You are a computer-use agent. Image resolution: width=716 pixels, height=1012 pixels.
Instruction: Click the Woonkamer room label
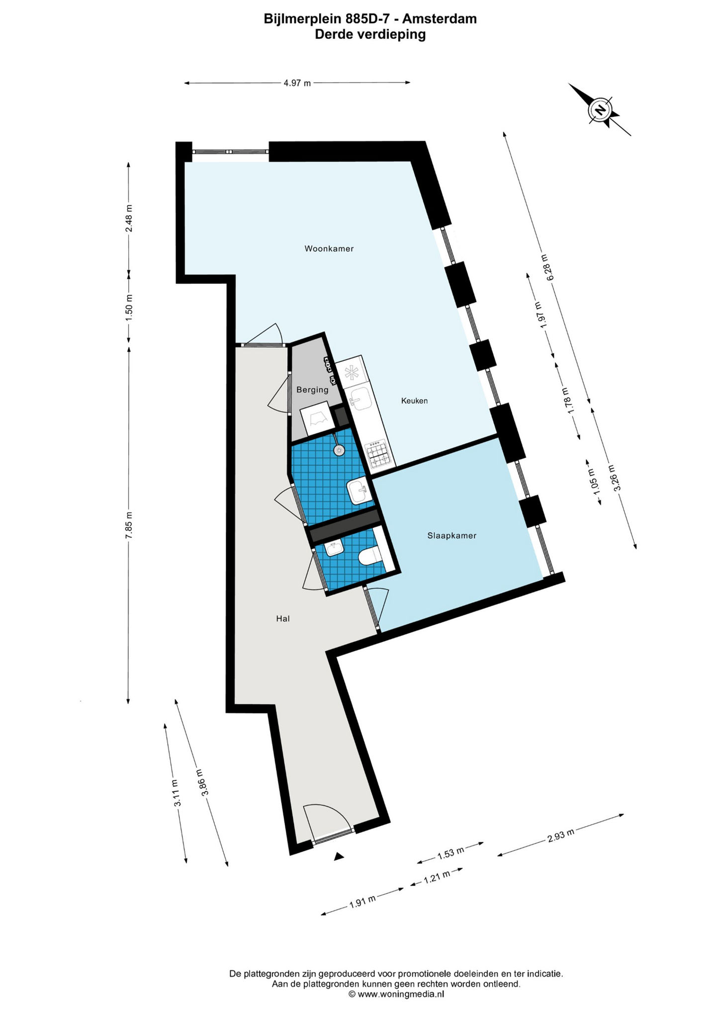point(329,249)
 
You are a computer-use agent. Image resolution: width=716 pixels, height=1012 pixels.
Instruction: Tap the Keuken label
point(414,401)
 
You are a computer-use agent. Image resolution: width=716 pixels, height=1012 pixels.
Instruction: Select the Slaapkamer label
point(452,536)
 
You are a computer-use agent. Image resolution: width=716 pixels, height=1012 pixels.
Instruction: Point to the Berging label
point(312,390)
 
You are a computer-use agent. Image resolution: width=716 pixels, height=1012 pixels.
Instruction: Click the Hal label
point(283,618)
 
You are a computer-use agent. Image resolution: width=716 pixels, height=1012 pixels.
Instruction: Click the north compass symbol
point(600,110)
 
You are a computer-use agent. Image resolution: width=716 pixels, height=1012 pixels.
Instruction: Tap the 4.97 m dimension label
point(297,83)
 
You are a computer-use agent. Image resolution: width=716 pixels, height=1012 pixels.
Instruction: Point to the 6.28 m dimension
point(547,267)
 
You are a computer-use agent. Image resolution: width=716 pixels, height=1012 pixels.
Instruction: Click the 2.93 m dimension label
point(561,835)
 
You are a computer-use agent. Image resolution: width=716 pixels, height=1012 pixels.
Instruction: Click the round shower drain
point(339,449)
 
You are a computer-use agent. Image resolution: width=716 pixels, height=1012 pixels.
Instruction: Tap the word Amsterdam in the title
point(440,19)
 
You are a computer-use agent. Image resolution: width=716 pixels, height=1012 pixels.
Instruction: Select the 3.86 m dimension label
point(202,783)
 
